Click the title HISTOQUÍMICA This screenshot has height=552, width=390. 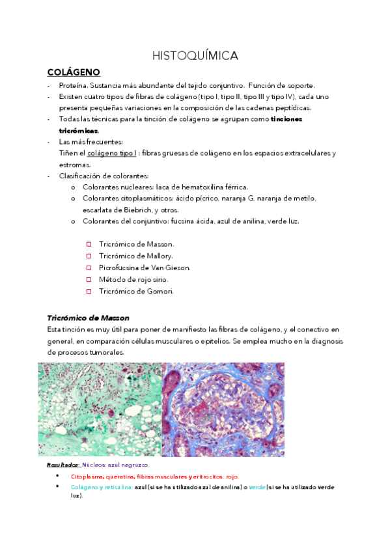pos(195,56)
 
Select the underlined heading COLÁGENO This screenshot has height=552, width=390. pos(73,72)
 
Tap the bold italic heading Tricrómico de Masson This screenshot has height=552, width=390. pos(88,318)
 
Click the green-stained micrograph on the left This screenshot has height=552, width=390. pos(100,409)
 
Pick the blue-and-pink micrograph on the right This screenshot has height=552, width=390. pos(223,409)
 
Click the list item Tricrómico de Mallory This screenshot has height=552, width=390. pos(135,256)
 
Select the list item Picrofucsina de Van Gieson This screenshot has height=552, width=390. pos(144,268)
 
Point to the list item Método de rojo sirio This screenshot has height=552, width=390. pos(133,279)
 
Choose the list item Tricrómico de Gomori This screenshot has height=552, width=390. pos(136,291)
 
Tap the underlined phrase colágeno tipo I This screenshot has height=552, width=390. pos(111,153)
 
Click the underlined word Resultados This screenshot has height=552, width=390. pos(63,465)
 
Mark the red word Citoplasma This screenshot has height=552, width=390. pos(87,476)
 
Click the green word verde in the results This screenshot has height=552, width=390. pos(257,487)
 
